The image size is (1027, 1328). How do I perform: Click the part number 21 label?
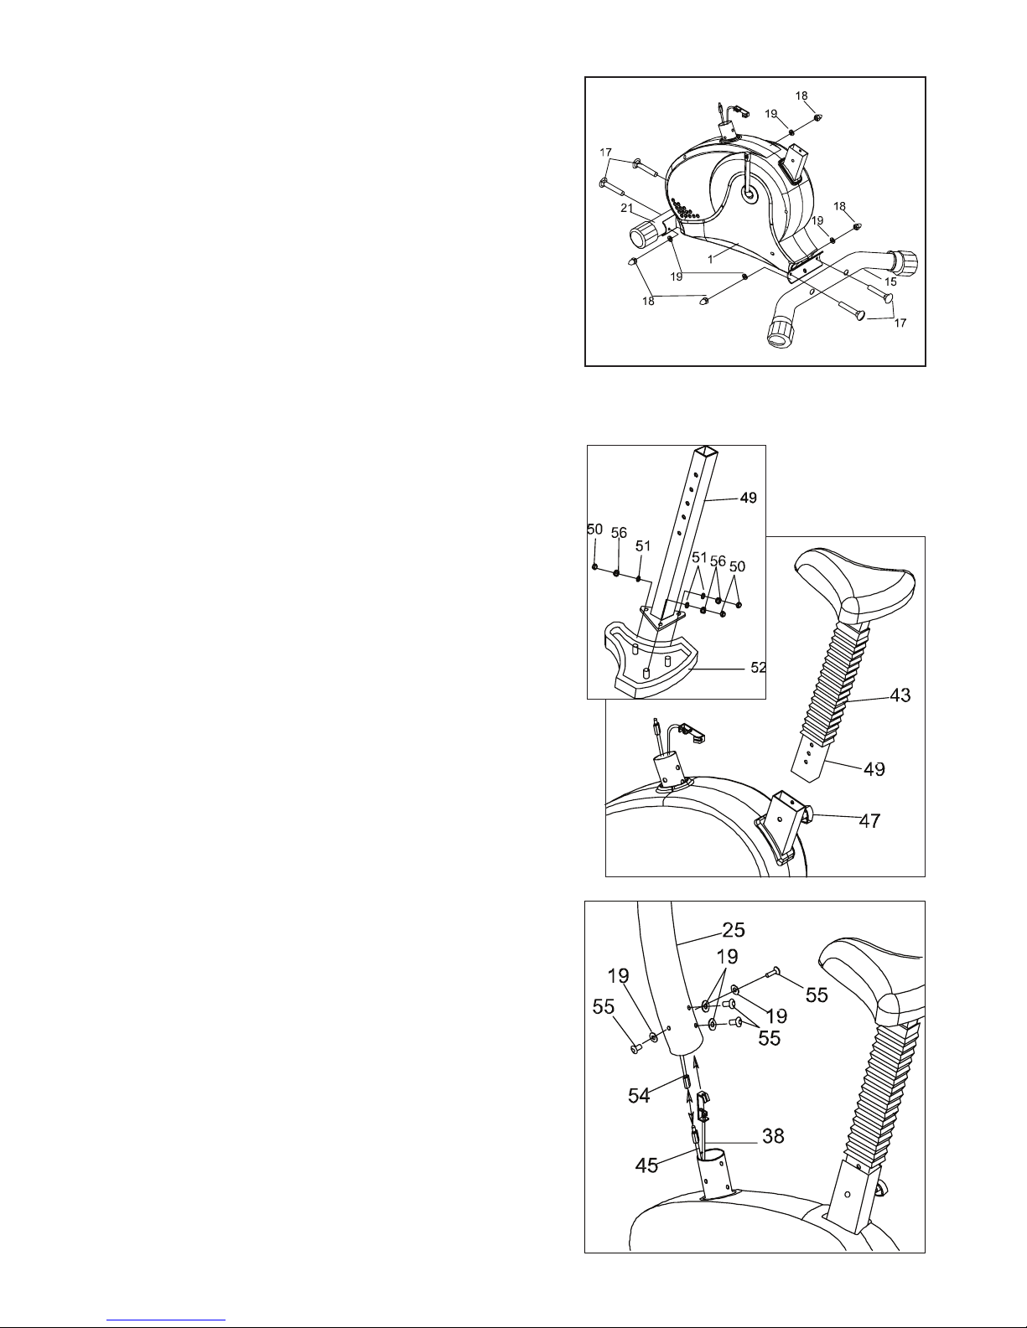click(626, 209)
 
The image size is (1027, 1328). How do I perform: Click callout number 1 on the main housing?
click(710, 259)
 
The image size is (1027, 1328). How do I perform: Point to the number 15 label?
click(890, 282)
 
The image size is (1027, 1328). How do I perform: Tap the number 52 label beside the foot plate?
click(758, 668)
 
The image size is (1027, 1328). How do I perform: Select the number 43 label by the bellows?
click(900, 695)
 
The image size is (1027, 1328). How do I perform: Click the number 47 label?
click(869, 820)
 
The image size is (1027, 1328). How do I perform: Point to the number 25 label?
click(734, 929)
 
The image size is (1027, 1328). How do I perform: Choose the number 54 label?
click(639, 1096)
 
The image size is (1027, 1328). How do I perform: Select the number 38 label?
click(773, 1136)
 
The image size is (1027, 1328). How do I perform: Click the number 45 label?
click(646, 1165)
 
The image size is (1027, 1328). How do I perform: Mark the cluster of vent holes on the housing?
click(685, 209)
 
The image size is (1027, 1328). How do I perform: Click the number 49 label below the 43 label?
click(874, 769)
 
